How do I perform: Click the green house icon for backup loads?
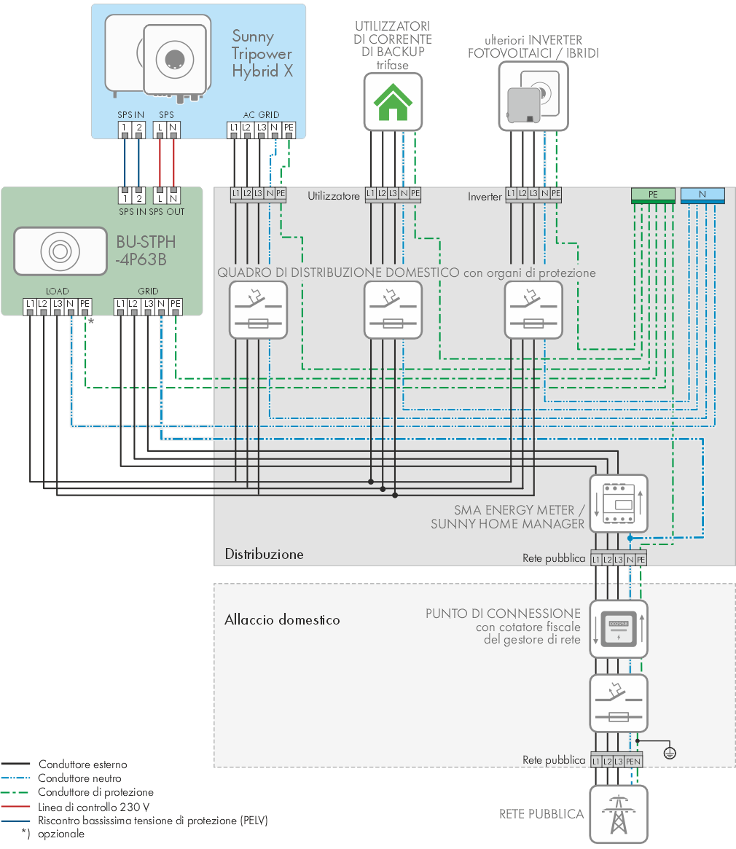point(393,102)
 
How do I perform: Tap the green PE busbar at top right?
point(653,195)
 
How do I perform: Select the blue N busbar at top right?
point(702,195)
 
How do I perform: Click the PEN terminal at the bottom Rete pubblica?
point(633,761)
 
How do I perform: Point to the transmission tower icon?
point(619,814)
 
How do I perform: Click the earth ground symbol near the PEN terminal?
point(670,753)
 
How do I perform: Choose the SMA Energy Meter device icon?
point(619,504)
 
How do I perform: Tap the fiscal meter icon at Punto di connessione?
point(619,629)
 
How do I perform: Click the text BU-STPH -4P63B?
point(146,251)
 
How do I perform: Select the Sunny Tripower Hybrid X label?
point(262,54)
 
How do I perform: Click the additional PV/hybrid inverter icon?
point(533,96)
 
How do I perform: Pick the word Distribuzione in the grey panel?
point(265,554)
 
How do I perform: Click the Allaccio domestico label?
point(282,619)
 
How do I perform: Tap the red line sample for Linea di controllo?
point(15,807)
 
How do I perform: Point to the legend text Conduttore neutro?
point(79,778)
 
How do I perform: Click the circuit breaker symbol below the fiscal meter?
point(619,703)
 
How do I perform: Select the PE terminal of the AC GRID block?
point(289,128)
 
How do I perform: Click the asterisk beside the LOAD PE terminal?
point(91,321)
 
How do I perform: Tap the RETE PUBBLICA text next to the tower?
point(541,814)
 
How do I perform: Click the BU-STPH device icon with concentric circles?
point(60,251)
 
